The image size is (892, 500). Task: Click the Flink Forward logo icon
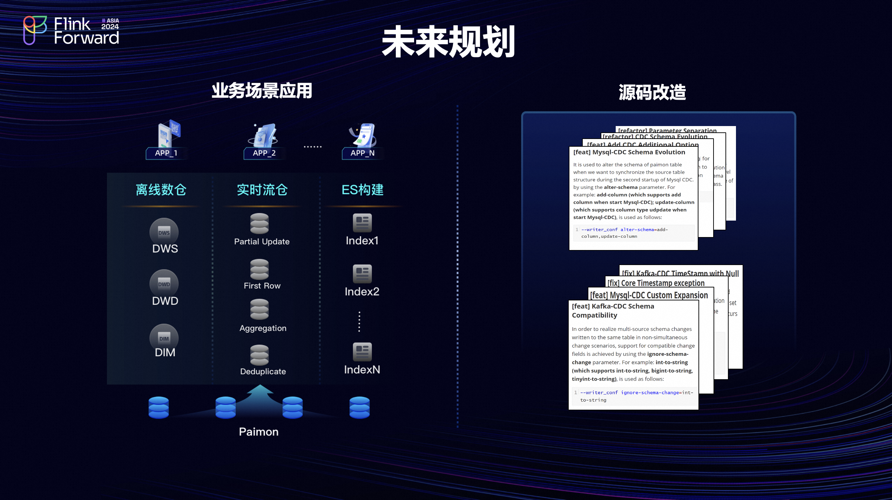click(x=35, y=30)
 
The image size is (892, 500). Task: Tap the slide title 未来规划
click(x=448, y=42)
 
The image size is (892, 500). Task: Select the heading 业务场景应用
click(x=262, y=91)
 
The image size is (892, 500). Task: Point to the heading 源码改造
click(x=652, y=92)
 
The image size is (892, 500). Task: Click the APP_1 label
click(x=166, y=153)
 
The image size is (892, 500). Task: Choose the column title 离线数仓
click(x=161, y=190)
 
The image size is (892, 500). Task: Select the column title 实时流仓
click(x=262, y=190)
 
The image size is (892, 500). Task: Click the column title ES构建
click(x=363, y=190)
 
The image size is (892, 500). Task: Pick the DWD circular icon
click(x=164, y=283)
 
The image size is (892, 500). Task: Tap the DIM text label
click(x=165, y=352)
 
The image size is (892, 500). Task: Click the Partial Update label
click(x=262, y=242)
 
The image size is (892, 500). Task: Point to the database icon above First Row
click(x=259, y=269)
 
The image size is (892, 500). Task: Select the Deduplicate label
click(x=263, y=371)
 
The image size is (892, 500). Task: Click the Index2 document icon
click(x=362, y=273)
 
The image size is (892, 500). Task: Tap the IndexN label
click(x=362, y=370)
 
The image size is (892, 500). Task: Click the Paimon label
click(x=258, y=432)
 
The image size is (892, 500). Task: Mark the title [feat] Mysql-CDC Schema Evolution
click(x=629, y=152)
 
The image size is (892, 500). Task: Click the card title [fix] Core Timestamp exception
click(x=656, y=283)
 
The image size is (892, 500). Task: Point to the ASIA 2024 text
click(x=110, y=24)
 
